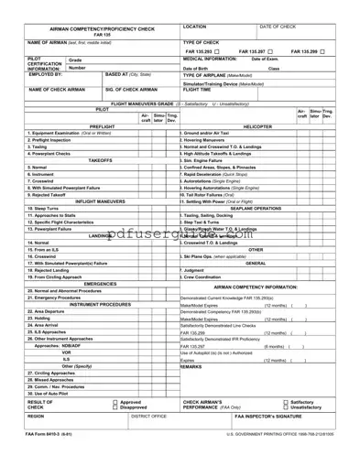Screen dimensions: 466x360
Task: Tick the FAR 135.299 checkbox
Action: pos(340,51)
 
